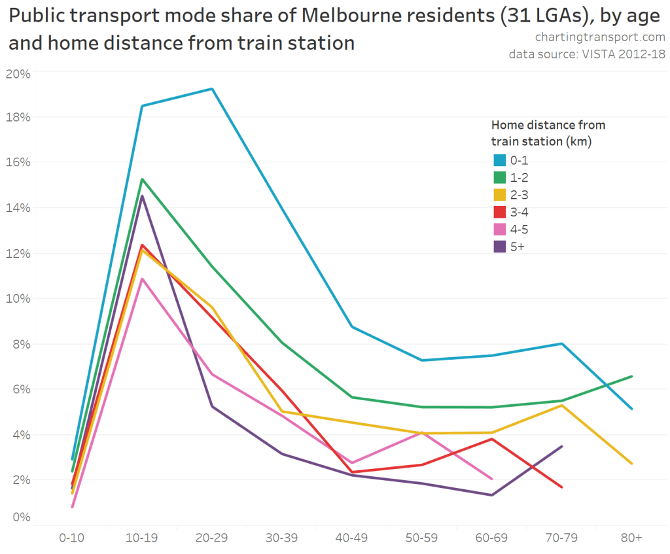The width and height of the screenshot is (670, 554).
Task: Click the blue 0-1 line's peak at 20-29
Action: (212, 89)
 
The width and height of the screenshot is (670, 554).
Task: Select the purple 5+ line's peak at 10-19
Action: (142, 196)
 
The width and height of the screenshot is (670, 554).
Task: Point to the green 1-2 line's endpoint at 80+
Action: (632, 376)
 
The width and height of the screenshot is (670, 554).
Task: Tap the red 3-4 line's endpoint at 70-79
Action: (562, 487)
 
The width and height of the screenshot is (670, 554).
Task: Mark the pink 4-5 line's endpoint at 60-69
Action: (492, 479)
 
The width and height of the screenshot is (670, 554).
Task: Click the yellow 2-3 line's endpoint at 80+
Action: (632, 464)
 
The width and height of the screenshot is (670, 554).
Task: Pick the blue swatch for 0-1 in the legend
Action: (499, 160)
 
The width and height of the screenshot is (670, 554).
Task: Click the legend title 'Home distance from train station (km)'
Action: (548, 132)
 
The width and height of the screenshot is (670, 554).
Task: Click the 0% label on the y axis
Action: (21, 517)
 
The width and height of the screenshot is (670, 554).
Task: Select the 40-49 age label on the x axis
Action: (352, 537)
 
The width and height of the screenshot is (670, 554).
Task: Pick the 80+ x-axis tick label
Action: (632, 537)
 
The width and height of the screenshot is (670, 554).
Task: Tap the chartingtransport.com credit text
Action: (599, 37)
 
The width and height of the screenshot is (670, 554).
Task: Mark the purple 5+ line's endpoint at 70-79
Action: (562, 447)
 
